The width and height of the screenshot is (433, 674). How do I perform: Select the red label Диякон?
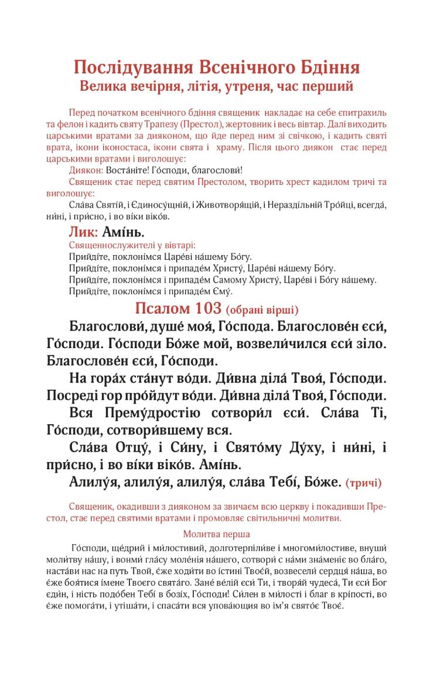click(x=86, y=170)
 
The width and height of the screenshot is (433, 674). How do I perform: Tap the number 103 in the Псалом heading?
click(x=205, y=308)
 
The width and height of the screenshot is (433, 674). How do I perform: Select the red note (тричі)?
click(x=364, y=483)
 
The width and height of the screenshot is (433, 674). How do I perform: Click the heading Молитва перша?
click(x=216, y=534)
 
